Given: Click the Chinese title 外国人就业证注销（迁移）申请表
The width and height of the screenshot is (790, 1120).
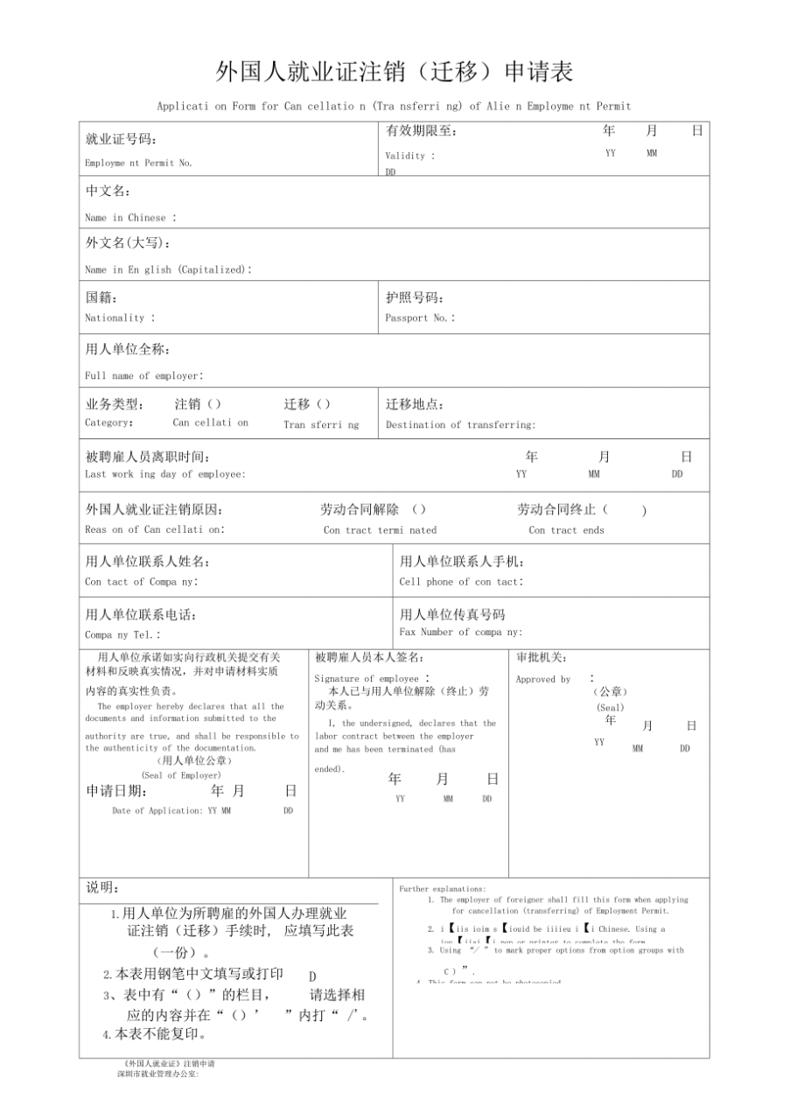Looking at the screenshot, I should [395, 71].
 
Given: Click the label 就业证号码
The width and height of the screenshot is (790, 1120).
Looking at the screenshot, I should [122, 139].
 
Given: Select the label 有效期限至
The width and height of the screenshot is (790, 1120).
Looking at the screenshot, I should [421, 131].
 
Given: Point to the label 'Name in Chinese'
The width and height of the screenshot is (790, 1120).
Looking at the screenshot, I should [129, 218].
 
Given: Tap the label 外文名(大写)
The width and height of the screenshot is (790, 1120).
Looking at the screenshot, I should [128, 243].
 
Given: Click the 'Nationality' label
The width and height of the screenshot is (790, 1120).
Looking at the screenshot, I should [119, 318].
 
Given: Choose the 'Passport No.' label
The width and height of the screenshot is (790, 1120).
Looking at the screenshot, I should [420, 318].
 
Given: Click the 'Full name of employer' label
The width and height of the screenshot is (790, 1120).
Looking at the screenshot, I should [143, 376].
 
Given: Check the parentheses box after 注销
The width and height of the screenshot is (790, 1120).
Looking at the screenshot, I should [213, 404].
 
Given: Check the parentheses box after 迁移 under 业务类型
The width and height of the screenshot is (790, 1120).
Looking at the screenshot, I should [323, 404].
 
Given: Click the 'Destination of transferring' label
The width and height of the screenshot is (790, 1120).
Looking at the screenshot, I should [460, 425].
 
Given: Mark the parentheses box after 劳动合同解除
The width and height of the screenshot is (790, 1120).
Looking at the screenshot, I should [419, 509].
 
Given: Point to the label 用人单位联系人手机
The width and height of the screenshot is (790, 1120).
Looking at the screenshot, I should [462, 562].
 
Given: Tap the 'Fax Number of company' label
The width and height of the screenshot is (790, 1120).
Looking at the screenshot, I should [460, 632].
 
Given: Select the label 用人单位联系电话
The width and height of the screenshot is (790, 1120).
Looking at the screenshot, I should [141, 614].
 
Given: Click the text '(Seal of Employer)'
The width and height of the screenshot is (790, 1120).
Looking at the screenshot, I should [181, 775].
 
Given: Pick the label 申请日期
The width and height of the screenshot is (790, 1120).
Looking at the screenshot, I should [115, 791].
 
